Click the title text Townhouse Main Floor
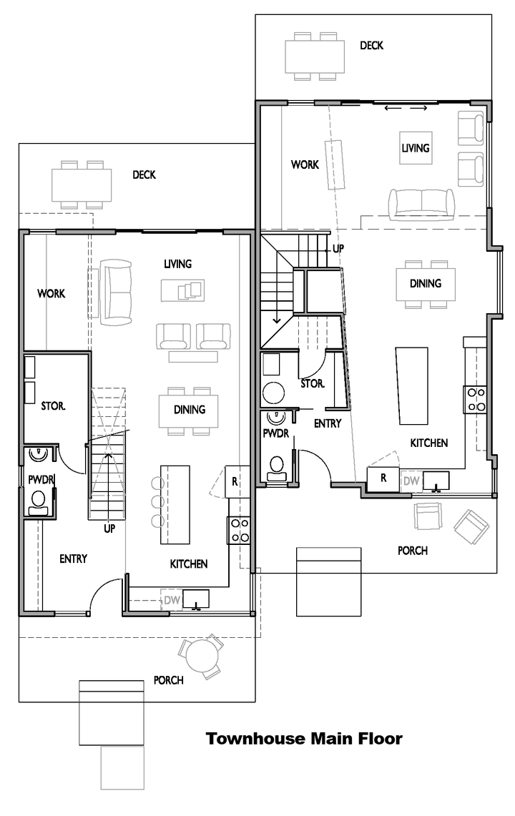click(304, 739)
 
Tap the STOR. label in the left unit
click(53, 406)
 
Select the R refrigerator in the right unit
click(383, 478)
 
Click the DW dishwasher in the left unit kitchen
click(172, 600)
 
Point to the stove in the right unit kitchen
click(475, 400)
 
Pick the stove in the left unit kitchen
click(238, 531)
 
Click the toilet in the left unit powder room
click(38, 502)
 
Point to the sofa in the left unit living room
click(116, 292)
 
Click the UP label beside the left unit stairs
click(109, 529)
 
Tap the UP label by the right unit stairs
click(338, 249)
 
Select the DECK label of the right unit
click(371, 46)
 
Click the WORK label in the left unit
click(51, 293)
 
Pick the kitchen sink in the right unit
click(436, 481)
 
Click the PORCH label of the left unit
click(168, 680)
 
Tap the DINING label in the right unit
click(426, 284)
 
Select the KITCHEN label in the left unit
click(189, 564)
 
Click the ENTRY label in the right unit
click(328, 423)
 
